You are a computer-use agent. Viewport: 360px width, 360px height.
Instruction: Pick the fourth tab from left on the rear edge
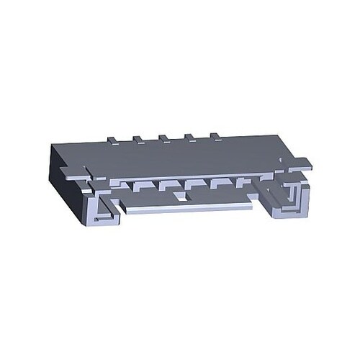click(x=189, y=135)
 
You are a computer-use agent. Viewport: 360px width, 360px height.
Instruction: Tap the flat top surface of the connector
click(x=180, y=155)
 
